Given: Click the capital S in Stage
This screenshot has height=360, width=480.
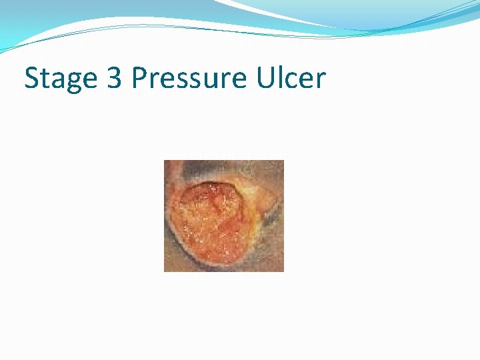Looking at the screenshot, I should (x=32, y=78).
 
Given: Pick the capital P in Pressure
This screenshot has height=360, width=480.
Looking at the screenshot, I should (x=139, y=78).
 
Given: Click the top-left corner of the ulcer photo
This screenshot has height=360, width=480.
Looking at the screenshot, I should (x=165, y=161).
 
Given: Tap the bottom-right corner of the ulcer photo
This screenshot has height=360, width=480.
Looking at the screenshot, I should (x=283, y=271).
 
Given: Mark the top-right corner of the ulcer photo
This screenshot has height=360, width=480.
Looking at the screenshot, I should (x=283, y=161).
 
